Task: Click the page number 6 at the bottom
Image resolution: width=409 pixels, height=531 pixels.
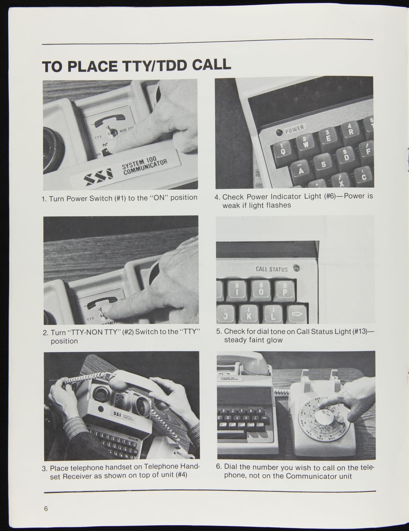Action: [46, 509]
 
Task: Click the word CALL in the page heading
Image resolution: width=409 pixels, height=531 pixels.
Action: [211, 65]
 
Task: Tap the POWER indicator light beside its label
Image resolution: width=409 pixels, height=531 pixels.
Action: [279, 132]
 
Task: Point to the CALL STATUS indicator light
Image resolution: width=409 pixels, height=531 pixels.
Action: [297, 268]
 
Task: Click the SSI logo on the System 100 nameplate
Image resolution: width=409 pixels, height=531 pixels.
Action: [98, 176]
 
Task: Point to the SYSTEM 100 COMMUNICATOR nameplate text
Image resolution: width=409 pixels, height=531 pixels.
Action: [145, 164]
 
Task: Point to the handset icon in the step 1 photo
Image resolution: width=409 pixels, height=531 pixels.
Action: [109, 120]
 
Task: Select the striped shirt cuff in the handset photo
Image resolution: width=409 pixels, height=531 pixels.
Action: [75, 425]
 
